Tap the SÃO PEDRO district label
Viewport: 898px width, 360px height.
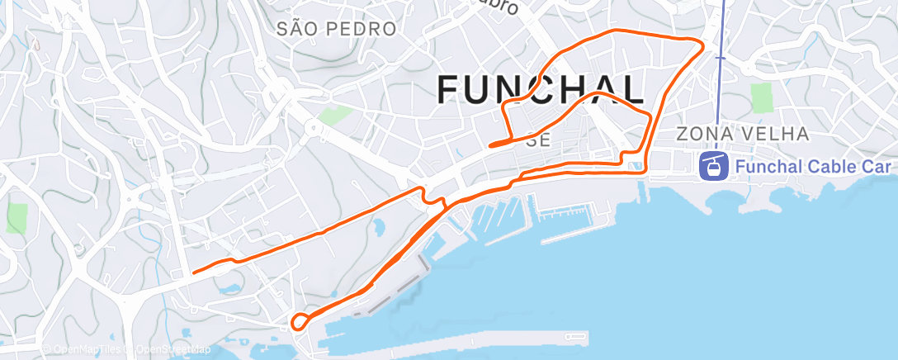[x=337, y=30]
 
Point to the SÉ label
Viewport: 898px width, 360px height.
[x=538, y=140]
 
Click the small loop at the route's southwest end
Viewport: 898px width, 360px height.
[x=301, y=320]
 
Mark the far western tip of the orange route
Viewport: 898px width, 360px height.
[x=193, y=272]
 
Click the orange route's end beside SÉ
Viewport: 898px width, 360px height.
[x=491, y=145]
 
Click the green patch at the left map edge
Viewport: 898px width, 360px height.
[x=17, y=218]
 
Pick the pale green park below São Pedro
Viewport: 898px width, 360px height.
[x=334, y=115]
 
